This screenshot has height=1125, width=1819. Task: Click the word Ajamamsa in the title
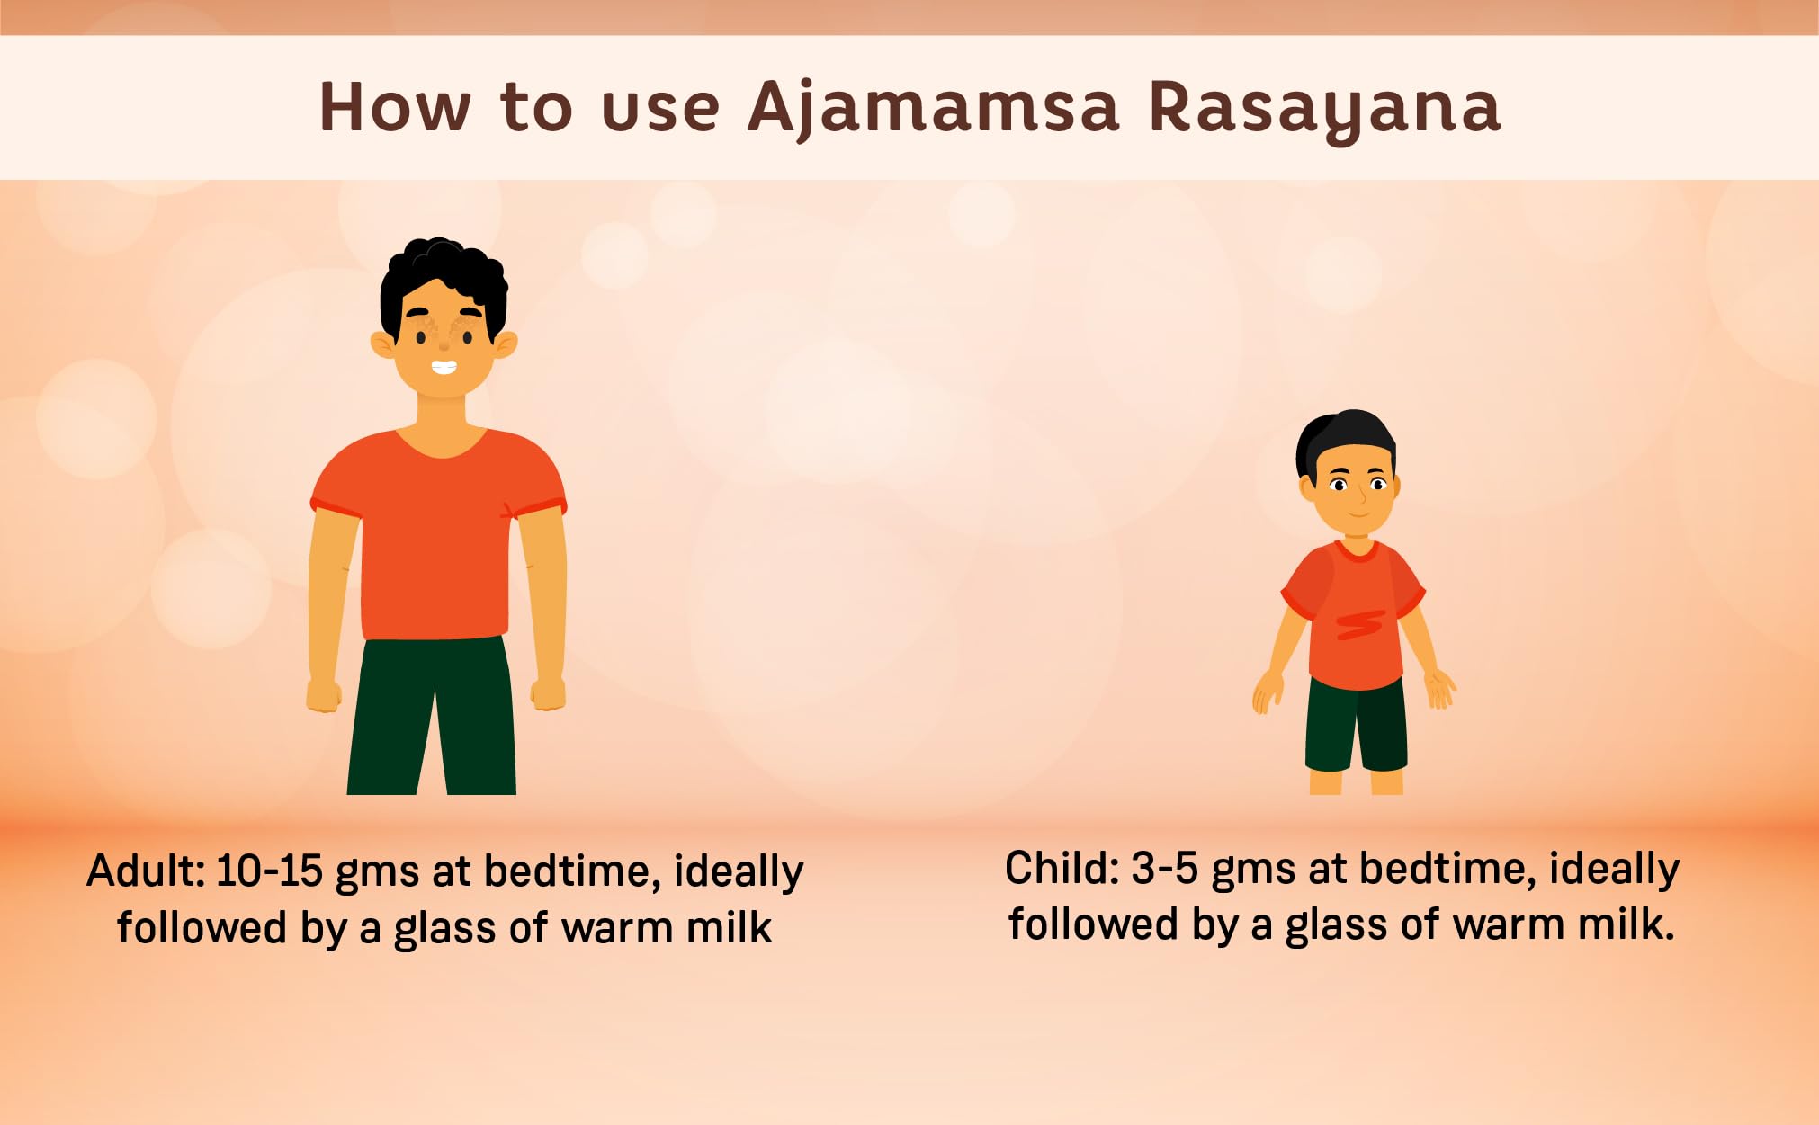(933, 109)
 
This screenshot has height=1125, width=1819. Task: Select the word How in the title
(395, 107)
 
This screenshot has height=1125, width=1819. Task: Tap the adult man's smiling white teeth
(444, 367)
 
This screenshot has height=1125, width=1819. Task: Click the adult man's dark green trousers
(433, 716)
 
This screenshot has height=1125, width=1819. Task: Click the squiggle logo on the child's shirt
(1359, 624)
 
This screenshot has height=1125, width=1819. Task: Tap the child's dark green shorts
(1356, 725)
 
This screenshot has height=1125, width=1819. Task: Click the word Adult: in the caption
(147, 871)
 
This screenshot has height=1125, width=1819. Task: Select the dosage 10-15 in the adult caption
(269, 871)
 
